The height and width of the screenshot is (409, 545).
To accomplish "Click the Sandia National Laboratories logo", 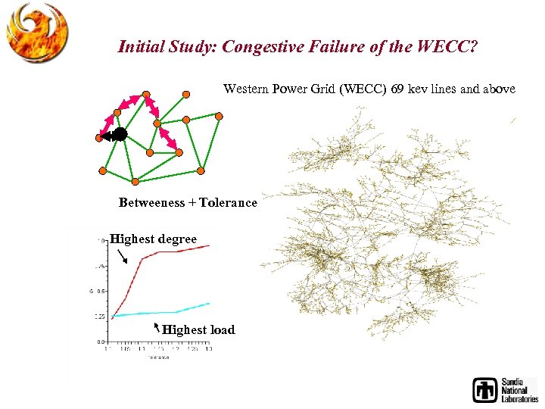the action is (504, 389).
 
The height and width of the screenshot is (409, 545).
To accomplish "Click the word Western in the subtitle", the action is (244, 89).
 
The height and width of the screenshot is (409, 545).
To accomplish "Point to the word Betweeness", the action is (151, 203).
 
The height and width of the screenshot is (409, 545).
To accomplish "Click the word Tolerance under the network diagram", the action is (228, 203).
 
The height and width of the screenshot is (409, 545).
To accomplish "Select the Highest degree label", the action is (153, 239).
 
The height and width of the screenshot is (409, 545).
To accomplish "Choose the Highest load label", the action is (198, 329).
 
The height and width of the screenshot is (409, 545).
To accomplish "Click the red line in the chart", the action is (174, 251).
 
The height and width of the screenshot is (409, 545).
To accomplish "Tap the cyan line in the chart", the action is (174, 312).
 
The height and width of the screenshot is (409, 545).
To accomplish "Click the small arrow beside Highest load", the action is (156, 327).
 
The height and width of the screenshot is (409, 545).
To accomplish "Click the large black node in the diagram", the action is (120, 135).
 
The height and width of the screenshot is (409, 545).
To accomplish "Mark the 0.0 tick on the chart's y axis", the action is (100, 342).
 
